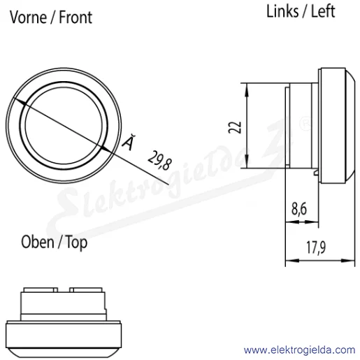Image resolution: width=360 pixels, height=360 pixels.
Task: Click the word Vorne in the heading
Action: tap(28, 17)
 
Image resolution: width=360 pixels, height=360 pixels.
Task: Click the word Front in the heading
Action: tap(75, 17)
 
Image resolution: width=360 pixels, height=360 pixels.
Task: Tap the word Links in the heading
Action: tap(282, 11)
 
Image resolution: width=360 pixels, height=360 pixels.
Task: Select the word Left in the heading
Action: tap(323, 11)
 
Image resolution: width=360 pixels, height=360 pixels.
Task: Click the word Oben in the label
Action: tap(37, 242)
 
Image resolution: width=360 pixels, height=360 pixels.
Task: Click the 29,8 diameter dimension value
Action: tap(160, 160)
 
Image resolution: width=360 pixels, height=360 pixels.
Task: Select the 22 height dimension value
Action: tap(235, 127)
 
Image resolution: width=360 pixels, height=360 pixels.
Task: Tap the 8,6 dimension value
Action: tap(299, 209)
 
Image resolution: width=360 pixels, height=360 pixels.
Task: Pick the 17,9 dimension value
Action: tap(316, 247)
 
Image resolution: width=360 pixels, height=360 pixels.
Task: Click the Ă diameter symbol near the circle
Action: tap(129, 142)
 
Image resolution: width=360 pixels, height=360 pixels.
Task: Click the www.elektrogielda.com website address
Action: tap(299, 350)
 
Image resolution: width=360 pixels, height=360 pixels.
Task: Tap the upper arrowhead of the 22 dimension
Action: tap(247, 89)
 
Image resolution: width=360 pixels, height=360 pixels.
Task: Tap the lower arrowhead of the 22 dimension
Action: tap(247, 161)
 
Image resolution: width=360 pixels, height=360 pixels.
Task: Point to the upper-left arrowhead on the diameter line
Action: tap(20, 102)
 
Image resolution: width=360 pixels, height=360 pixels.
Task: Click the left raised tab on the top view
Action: tap(41, 290)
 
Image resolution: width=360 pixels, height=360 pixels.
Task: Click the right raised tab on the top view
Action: tap(86, 290)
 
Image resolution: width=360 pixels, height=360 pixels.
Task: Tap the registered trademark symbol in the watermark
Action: tap(306, 123)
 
